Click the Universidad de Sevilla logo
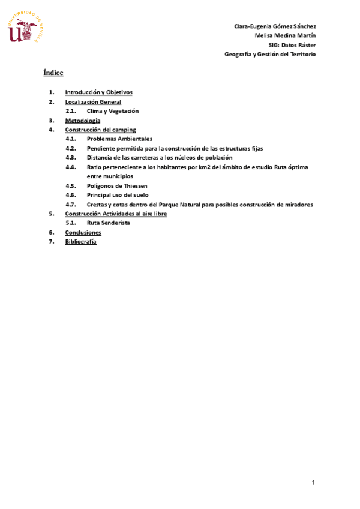pyautogui.click(x=26, y=28)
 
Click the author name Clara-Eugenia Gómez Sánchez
pyautogui.click(x=275, y=26)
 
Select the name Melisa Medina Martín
pyautogui.click(x=285, y=35)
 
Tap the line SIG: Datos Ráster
pyautogui.click(x=292, y=45)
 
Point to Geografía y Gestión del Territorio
pyautogui.click(x=270, y=54)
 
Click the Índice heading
pyautogui.click(x=53, y=73)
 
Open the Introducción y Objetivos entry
pyautogui.click(x=98, y=92)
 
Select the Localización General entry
pyautogui.click(x=93, y=102)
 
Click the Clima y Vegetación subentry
pyautogui.click(x=112, y=111)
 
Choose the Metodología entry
pyautogui.click(x=83, y=121)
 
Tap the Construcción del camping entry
pyautogui.click(x=100, y=130)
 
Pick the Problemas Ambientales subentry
pyautogui.click(x=119, y=139)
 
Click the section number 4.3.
pyautogui.click(x=71, y=157)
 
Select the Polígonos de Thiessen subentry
pyautogui.click(x=117, y=186)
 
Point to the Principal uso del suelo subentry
pyautogui.click(x=118, y=195)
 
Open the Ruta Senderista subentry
pyautogui.click(x=108, y=223)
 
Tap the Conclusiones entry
pyautogui.click(x=83, y=232)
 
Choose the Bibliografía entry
pyautogui.click(x=80, y=241)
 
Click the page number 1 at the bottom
pyautogui.click(x=313, y=483)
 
